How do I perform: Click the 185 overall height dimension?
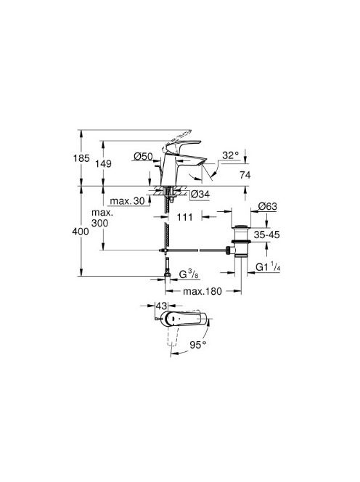coord(81,158)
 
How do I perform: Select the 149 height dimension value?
coord(103,164)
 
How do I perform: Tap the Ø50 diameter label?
coord(143,157)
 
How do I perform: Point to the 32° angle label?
coord(231,155)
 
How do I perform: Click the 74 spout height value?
coord(245,175)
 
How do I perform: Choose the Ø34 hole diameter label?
coord(200,195)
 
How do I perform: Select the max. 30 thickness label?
coord(127,201)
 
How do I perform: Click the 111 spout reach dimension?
coord(185,217)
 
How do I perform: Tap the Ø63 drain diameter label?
coord(268,206)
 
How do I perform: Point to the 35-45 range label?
coord(266,235)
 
